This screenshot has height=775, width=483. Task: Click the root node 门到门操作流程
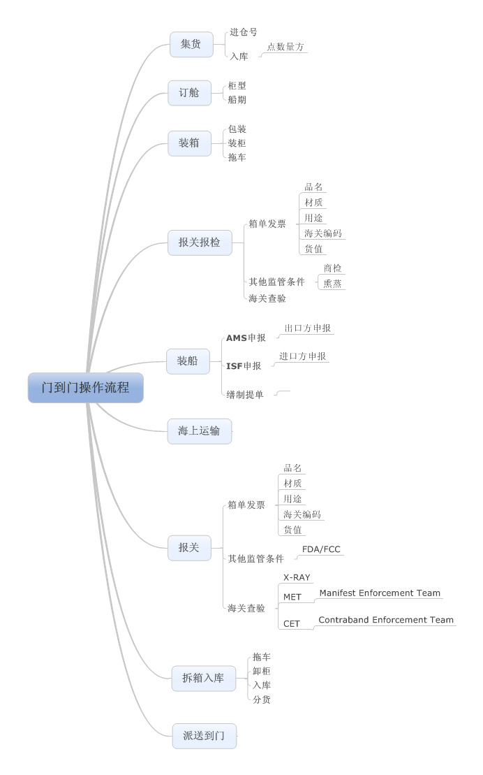(85, 387)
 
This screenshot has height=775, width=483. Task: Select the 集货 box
(191, 44)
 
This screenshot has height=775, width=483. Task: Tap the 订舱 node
(189, 92)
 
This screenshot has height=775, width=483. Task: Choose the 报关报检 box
(200, 242)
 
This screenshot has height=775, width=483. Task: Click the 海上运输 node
(200, 430)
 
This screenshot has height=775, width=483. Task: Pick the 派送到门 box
(205, 735)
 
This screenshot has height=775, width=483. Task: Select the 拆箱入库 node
(203, 677)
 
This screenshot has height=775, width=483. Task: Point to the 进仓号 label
(244, 32)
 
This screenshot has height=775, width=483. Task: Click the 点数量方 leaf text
(285, 47)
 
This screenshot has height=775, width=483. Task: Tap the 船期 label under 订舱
(237, 100)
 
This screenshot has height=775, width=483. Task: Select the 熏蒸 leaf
(332, 283)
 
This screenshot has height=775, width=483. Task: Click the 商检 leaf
(332, 268)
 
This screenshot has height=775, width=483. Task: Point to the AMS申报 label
(246, 338)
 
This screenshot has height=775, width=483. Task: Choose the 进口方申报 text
(302, 356)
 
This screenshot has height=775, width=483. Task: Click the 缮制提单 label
(245, 395)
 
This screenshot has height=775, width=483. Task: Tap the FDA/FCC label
(321, 549)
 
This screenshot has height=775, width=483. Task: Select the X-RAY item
(297, 578)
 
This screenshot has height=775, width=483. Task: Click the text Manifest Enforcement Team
(380, 593)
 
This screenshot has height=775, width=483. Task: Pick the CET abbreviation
(292, 624)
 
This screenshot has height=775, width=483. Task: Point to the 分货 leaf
(262, 700)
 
